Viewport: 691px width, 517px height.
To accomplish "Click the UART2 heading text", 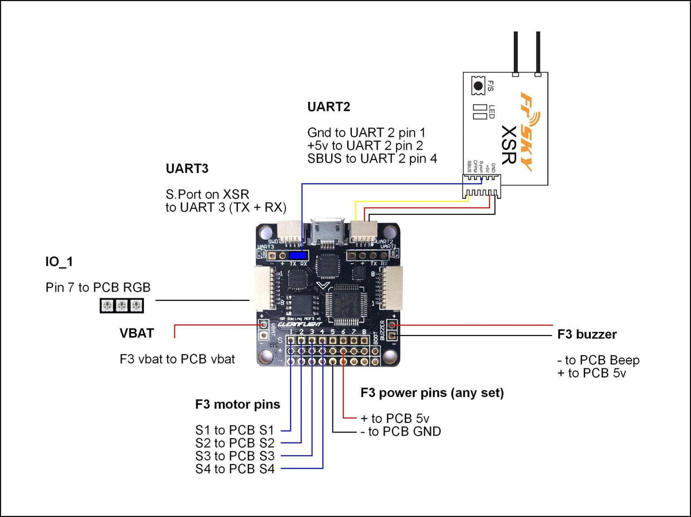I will pos(328,107).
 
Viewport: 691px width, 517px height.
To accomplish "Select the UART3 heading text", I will pos(187,169).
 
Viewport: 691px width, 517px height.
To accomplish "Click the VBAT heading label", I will pos(136,333).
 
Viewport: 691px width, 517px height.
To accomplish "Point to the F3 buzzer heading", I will pos(587,334).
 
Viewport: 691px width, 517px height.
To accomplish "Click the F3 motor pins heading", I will pos(237,405).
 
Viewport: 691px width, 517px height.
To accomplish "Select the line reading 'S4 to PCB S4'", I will pos(234,469).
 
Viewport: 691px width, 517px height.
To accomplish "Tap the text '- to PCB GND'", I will pos(400,431).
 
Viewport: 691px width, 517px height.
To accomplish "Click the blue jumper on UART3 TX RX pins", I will pos(298,255).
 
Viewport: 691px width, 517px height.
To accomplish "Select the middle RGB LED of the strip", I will pos(121,305).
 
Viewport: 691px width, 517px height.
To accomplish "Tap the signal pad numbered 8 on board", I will pos(363,341).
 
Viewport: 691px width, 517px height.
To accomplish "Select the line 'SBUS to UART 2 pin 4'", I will pos(371,159).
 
